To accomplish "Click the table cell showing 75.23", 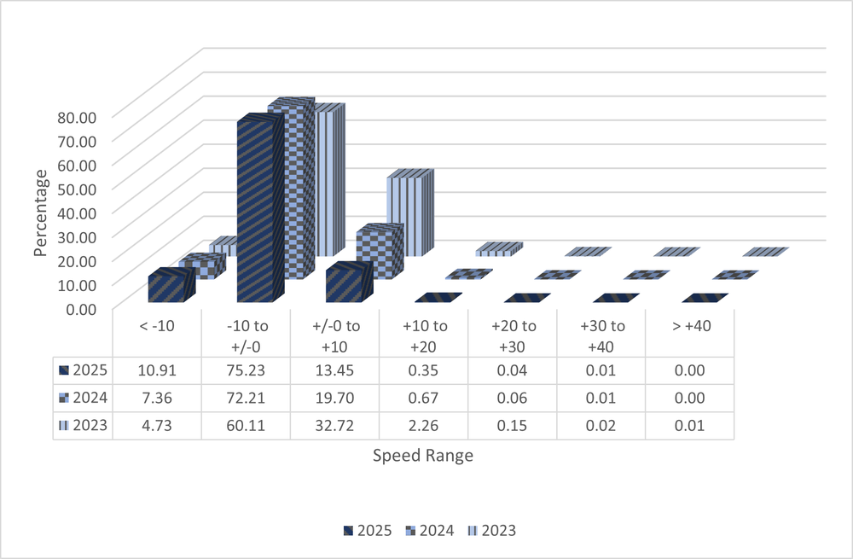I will tap(246, 370).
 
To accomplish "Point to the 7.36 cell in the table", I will tap(157, 398).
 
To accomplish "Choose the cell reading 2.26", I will tap(423, 425).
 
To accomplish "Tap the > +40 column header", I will tap(689, 326).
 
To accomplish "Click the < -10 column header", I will tap(157, 326).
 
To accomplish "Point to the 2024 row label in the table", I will tap(84, 398).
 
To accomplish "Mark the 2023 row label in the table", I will tap(84, 425).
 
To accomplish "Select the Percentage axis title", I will tap(40, 212).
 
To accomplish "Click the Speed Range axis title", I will tap(423, 456).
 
